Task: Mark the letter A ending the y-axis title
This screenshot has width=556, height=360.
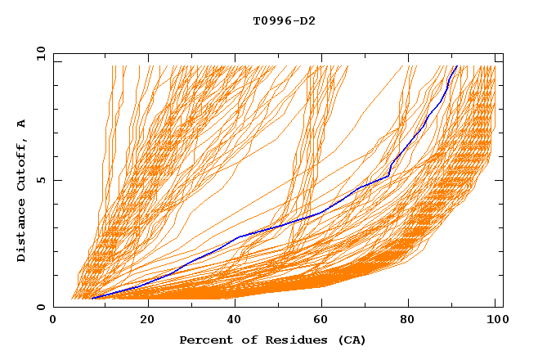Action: pyautogui.click(x=21, y=123)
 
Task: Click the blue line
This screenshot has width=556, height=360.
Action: pyautogui.click(x=237, y=237)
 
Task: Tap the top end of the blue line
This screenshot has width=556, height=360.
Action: pyautogui.click(x=455, y=66)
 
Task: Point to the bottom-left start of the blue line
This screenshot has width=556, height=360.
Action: pyautogui.click(x=92, y=298)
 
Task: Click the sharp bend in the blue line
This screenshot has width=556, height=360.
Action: pyautogui.click(x=389, y=175)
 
